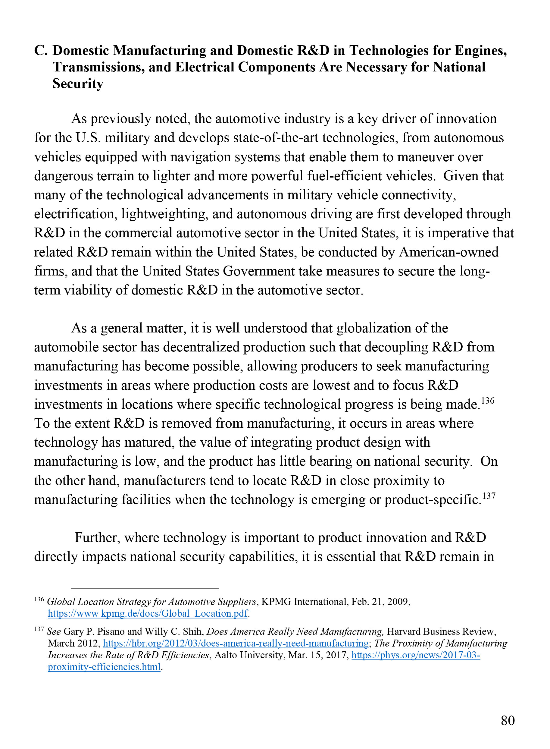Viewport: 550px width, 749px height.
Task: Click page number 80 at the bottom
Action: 508,720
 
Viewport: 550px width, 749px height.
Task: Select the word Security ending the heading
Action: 78,83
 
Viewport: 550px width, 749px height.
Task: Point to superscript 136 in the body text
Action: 488,400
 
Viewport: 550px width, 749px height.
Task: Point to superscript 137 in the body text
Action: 489,496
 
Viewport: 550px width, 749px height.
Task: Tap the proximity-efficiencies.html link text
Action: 104,667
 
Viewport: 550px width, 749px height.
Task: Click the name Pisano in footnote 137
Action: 111,631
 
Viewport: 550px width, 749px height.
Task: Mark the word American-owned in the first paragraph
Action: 449,252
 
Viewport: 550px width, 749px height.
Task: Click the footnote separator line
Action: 145,589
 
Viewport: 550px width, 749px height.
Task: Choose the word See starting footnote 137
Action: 54,631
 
